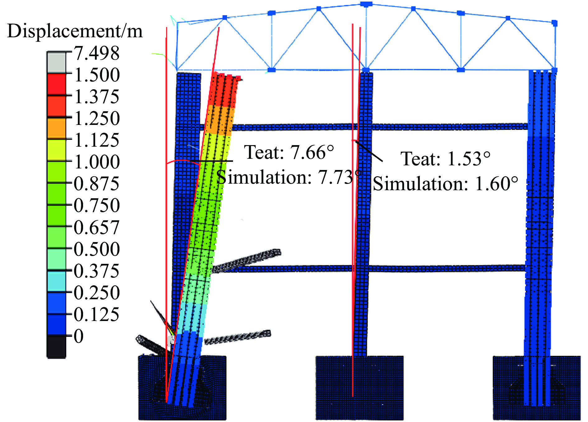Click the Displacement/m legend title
75,32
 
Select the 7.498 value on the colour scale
97,53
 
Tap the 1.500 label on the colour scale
97,75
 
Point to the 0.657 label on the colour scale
97,227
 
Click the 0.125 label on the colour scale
97,314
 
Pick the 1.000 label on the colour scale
97,162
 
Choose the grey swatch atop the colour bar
56,62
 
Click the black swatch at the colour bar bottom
56,347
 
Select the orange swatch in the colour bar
56,128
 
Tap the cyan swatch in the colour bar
56,281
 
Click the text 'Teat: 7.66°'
289,152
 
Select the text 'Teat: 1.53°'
446,159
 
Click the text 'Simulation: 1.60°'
446,184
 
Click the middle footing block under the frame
360,388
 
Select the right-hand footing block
537,388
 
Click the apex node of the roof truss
366,4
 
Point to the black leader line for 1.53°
369,151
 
